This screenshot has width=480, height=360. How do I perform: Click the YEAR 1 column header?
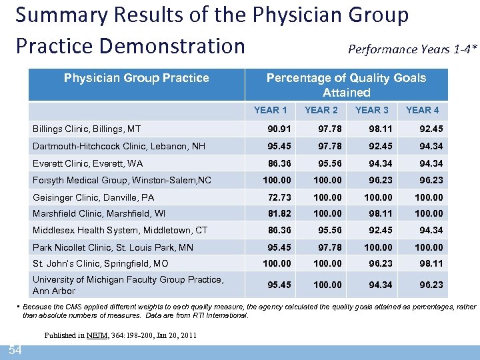(x=270, y=110)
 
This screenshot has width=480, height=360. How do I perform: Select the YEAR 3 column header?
(x=371, y=110)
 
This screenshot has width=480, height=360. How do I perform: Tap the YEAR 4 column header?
(x=422, y=110)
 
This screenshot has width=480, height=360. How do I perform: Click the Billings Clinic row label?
(x=87, y=129)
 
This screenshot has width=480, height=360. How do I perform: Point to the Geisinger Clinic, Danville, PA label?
(x=93, y=197)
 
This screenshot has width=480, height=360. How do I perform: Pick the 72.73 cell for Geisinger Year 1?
(x=278, y=197)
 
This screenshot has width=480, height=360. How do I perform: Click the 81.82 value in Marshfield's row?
(x=278, y=213)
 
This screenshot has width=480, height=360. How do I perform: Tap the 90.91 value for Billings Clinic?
(x=278, y=129)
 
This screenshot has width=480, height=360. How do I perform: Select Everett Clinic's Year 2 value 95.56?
(x=326, y=163)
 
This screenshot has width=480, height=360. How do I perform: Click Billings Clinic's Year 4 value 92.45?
(x=430, y=129)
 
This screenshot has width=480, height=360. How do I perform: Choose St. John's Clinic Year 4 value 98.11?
(x=430, y=264)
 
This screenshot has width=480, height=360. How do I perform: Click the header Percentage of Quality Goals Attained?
(x=346, y=85)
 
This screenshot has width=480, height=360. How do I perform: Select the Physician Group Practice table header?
(x=136, y=78)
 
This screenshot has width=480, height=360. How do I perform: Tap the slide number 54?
(x=14, y=351)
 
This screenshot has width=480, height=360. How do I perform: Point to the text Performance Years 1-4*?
(x=413, y=49)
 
